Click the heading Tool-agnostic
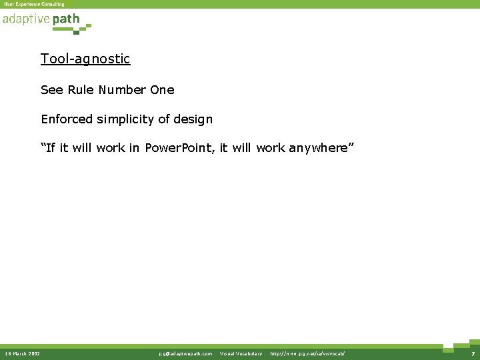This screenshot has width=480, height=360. (x=85, y=59)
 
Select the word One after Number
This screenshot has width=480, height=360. (x=162, y=89)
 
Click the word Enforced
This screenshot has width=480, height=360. (x=67, y=119)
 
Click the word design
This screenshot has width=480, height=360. (x=193, y=119)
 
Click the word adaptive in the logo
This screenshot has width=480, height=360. (x=25, y=19)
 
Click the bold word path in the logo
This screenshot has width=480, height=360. (x=66, y=19)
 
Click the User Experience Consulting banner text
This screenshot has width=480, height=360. (x=34, y=4)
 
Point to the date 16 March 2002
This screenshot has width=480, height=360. (x=22, y=353)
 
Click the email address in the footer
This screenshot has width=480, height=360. (x=185, y=353)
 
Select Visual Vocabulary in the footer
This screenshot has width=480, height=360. (x=241, y=353)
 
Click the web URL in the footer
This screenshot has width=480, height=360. (x=307, y=353)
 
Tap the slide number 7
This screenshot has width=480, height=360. (x=472, y=353)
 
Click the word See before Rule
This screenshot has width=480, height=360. (x=51, y=89)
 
